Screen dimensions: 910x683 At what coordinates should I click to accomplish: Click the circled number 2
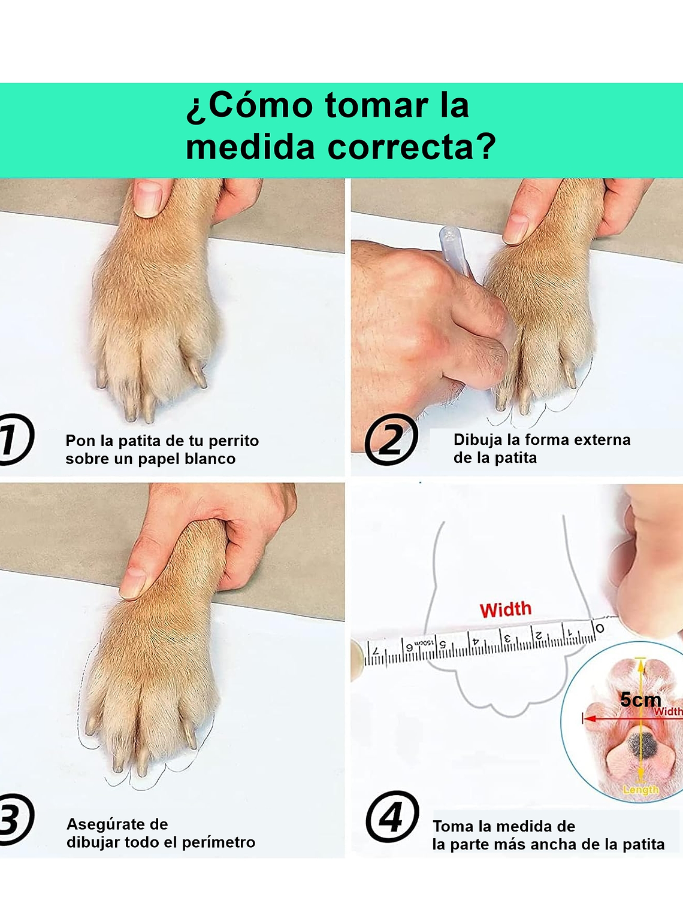391,440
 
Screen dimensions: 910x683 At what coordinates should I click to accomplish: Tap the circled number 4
392,817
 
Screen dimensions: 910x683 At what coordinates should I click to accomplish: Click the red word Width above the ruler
505,609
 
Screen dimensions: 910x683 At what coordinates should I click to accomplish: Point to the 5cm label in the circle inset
640,699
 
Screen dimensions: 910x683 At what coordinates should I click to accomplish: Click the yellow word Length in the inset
640,790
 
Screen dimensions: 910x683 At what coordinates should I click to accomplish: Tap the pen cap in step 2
454,250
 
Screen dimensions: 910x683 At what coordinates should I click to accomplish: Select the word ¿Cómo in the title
249,105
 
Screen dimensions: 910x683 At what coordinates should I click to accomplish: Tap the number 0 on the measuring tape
599,627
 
